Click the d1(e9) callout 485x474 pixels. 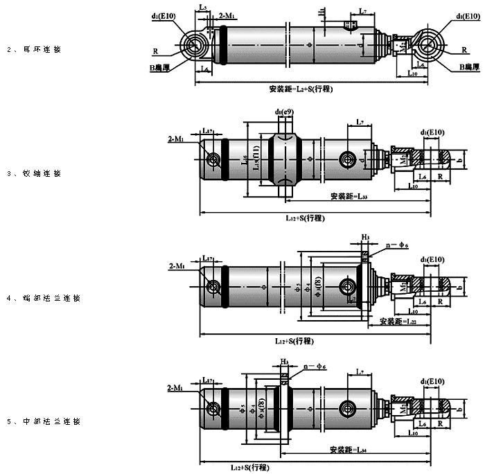[284, 112]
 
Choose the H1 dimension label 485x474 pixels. [322, 12]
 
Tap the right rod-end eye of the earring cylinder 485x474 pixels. [433, 45]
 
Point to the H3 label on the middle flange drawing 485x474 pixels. [284, 362]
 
